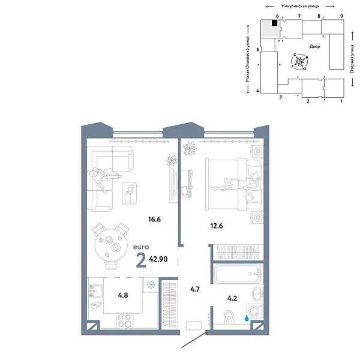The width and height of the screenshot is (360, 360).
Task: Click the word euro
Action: pyautogui.click(x=142, y=246)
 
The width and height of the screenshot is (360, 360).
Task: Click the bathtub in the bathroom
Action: pyautogui.click(x=237, y=275)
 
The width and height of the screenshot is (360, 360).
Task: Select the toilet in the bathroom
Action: pyautogui.click(x=227, y=317)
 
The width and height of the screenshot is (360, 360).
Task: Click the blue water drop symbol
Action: pyautogui.click(x=247, y=312)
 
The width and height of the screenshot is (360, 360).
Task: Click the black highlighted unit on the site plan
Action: pyautogui.click(x=274, y=23)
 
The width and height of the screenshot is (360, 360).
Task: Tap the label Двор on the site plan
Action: pyautogui.click(x=314, y=46)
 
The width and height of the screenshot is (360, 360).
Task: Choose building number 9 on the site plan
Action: pyautogui.click(x=341, y=16)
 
